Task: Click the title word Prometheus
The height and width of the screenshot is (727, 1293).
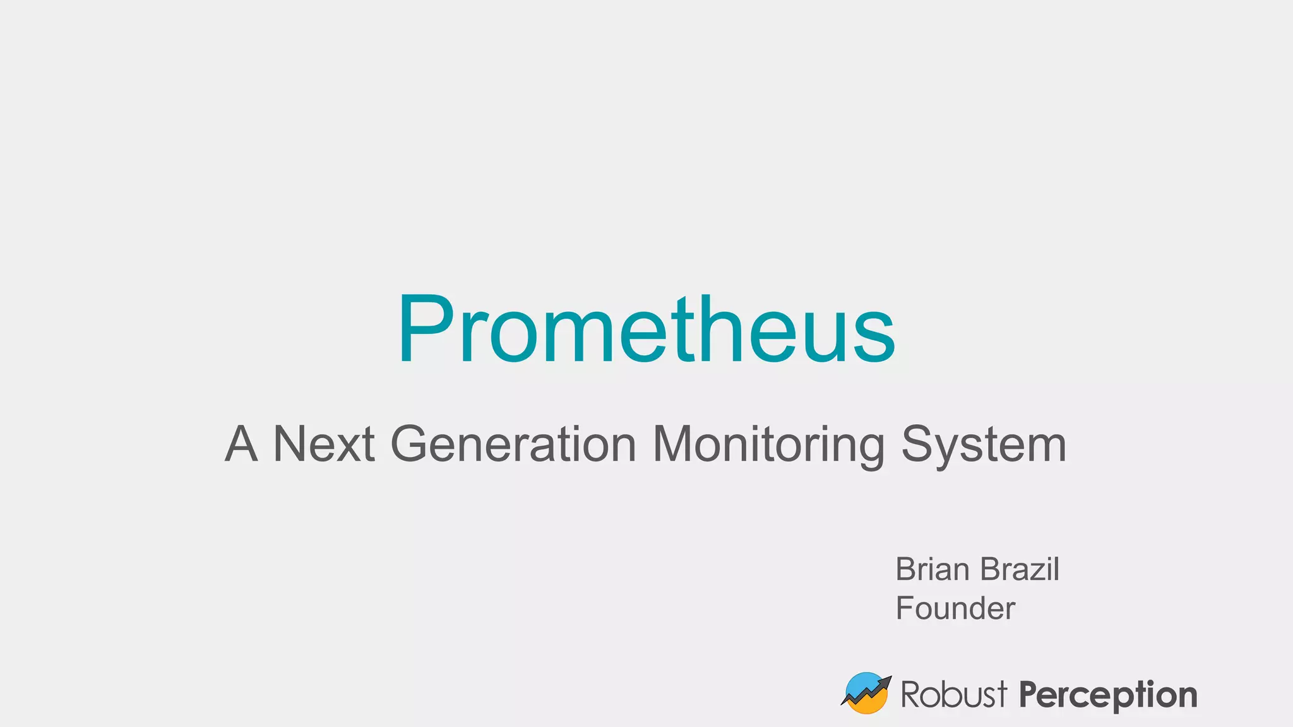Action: click(646, 329)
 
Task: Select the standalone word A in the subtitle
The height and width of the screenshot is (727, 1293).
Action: click(241, 444)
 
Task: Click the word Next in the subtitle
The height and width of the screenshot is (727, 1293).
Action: click(324, 444)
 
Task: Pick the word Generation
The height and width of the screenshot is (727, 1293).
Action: click(513, 444)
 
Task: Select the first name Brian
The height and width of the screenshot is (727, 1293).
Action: click(933, 569)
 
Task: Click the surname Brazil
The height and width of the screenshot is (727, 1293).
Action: click(1020, 569)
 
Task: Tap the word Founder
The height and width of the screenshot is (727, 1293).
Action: click(955, 608)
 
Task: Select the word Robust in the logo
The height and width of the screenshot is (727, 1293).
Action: click(953, 694)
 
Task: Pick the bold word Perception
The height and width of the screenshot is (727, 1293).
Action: click(1108, 695)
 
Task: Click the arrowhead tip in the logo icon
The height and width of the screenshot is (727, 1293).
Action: click(888, 679)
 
